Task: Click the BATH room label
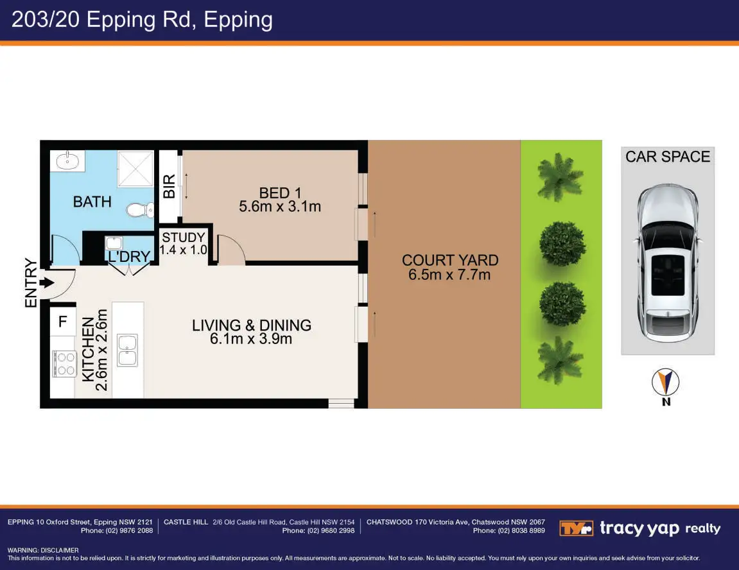coord(92,202)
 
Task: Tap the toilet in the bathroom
coord(141,210)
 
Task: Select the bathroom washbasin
coord(67,160)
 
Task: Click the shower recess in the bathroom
coord(135,169)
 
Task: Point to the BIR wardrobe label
coord(169,186)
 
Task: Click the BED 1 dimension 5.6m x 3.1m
coord(280,207)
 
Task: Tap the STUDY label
coord(184,237)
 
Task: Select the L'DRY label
coord(129,256)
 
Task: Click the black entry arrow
coord(47,283)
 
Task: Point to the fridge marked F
coord(63,322)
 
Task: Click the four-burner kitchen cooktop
coord(65,364)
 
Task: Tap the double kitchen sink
coord(127,350)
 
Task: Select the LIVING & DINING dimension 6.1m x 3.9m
coord(251,339)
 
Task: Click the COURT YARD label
coord(450,260)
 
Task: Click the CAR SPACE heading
coord(667,157)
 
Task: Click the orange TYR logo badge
coord(576,528)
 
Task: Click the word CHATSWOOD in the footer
coord(389,522)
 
